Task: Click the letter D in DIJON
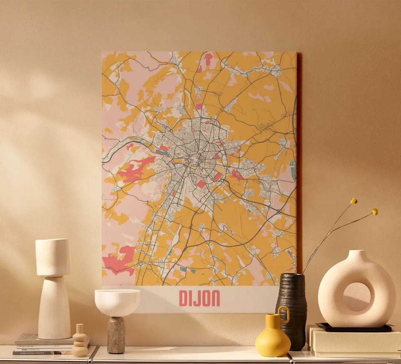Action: pyautogui.click(x=183, y=298)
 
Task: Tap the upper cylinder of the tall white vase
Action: pyautogui.click(x=53, y=257)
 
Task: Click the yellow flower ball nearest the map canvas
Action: pyautogui.click(x=354, y=201)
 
